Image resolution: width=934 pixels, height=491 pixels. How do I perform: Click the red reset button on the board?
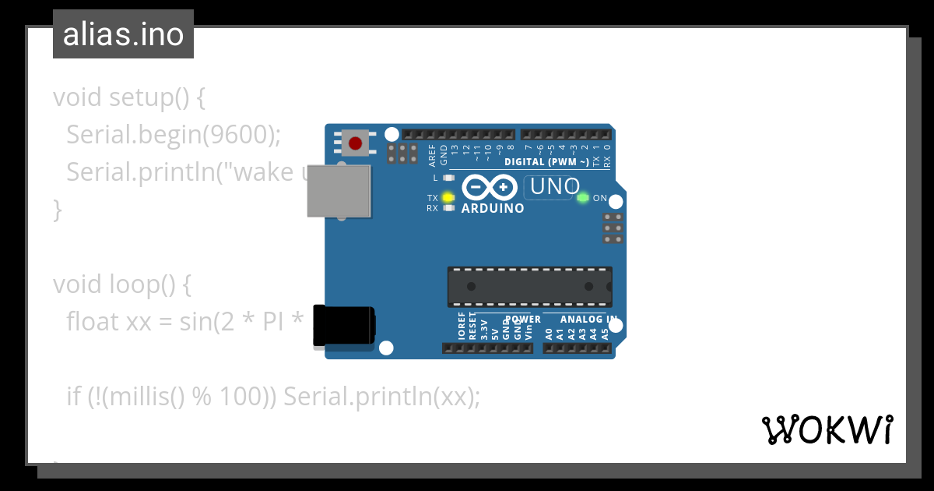[x=356, y=143]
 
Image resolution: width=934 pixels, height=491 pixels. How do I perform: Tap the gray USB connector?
[x=339, y=190]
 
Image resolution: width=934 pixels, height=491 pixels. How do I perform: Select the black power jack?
[x=343, y=326]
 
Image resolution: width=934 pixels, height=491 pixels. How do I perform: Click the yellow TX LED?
[x=448, y=197]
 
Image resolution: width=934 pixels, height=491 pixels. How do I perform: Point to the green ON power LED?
[x=583, y=198]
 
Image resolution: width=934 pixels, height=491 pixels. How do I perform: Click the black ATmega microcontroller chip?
[x=529, y=287]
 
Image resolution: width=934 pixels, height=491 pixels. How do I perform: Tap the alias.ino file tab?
[x=123, y=34]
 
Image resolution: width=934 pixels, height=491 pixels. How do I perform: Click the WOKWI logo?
[x=827, y=429]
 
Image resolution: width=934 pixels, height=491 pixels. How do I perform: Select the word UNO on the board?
[x=555, y=187]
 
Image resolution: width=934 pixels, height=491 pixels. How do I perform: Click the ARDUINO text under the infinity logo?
[x=493, y=209]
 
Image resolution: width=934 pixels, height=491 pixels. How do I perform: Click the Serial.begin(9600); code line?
[x=173, y=134]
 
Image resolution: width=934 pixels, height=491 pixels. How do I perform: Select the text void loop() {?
[x=122, y=284]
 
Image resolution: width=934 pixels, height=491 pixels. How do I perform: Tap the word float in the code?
[x=93, y=321]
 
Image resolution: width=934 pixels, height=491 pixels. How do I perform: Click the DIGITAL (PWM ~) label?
[x=547, y=162]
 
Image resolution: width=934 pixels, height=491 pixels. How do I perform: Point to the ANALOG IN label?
[x=588, y=320]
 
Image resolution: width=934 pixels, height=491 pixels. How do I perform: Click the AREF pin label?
[x=433, y=156]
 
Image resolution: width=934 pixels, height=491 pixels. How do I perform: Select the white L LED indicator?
[x=448, y=178]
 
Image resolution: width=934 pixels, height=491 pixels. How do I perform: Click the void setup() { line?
[x=129, y=97]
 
